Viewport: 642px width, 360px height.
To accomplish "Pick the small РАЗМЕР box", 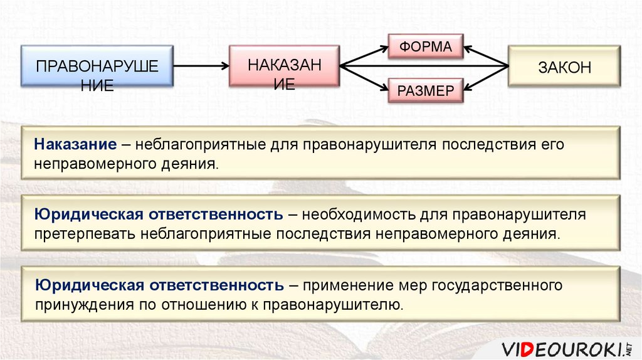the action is click(426, 91).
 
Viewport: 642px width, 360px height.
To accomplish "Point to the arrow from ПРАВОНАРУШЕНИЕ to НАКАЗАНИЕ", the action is click(201, 65).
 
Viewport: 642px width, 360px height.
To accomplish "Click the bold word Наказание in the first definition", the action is click(76, 145).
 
